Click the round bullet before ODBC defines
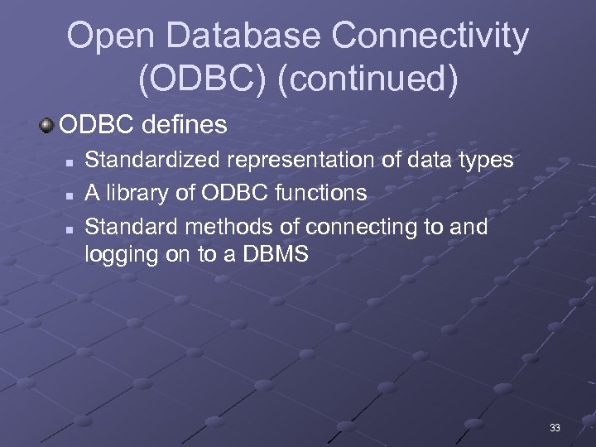[x=48, y=126]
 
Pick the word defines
[x=185, y=126]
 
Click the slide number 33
[x=555, y=428]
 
